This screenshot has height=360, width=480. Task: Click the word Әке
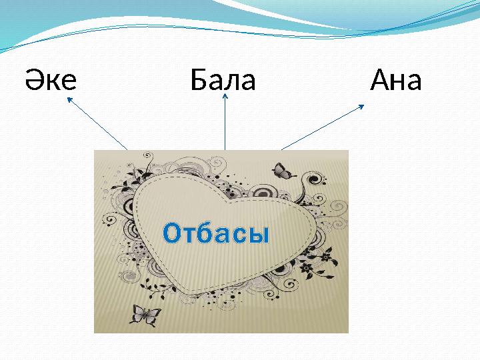(x=51, y=81)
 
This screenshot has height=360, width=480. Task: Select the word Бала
(x=223, y=81)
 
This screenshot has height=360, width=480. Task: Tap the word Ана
(x=396, y=81)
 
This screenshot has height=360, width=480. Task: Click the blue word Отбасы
(x=217, y=234)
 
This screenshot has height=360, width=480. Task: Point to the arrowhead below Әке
(x=69, y=99)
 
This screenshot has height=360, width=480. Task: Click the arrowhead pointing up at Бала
(x=225, y=97)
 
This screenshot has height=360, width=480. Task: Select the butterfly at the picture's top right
(x=284, y=171)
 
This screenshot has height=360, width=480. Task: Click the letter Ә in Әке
(x=35, y=81)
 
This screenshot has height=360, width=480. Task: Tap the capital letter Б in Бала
(x=198, y=81)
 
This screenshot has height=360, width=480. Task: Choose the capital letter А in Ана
(x=381, y=81)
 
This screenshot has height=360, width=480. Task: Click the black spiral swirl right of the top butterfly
(x=312, y=180)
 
